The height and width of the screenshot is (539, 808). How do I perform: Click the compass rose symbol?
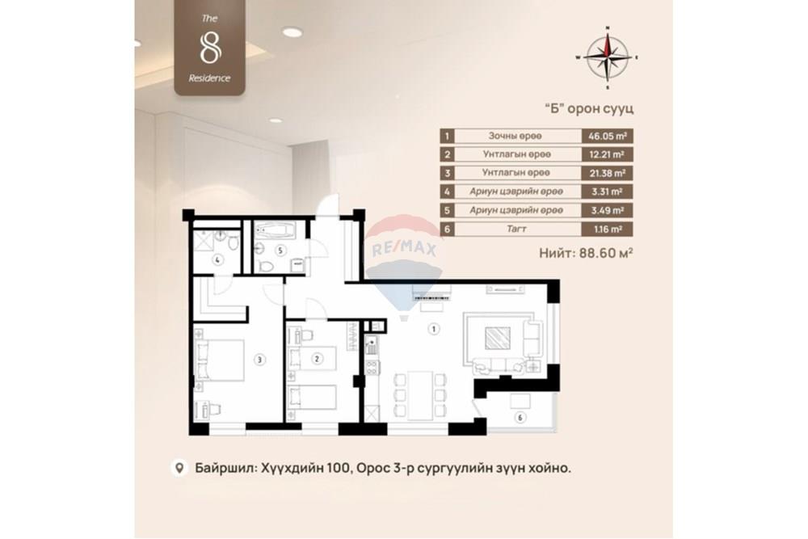click(608, 57)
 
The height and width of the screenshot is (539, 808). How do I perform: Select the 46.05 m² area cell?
click(607, 136)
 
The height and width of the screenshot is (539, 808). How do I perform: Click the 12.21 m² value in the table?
click(607, 154)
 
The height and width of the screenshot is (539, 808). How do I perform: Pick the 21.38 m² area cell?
click(607, 173)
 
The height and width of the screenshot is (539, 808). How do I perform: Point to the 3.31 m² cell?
click(607, 192)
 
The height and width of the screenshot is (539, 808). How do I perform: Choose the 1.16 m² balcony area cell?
click(607, 229)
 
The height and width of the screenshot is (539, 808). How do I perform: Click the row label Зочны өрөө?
click(516, 136)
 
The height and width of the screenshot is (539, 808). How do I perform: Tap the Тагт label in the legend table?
click(516, 229)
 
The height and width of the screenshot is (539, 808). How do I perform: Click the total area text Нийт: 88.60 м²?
click(586, 253)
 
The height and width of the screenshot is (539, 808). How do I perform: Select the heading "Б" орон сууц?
click(589, 109)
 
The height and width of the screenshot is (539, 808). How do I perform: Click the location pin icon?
click(179, 468)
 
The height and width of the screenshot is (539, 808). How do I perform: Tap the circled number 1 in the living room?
click(434, 329)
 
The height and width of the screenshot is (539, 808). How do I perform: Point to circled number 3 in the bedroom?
click(259, 360)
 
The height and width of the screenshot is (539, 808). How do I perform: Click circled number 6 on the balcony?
click(520, 418)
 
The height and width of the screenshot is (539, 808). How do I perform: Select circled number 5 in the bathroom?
click(280, 251)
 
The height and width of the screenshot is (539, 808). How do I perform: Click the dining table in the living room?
click(419, 396)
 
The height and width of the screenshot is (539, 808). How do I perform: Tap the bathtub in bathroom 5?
click(276, 230)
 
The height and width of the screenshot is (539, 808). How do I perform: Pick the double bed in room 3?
click(220, 360)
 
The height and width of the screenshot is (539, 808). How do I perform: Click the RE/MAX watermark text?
click(404, 250)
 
